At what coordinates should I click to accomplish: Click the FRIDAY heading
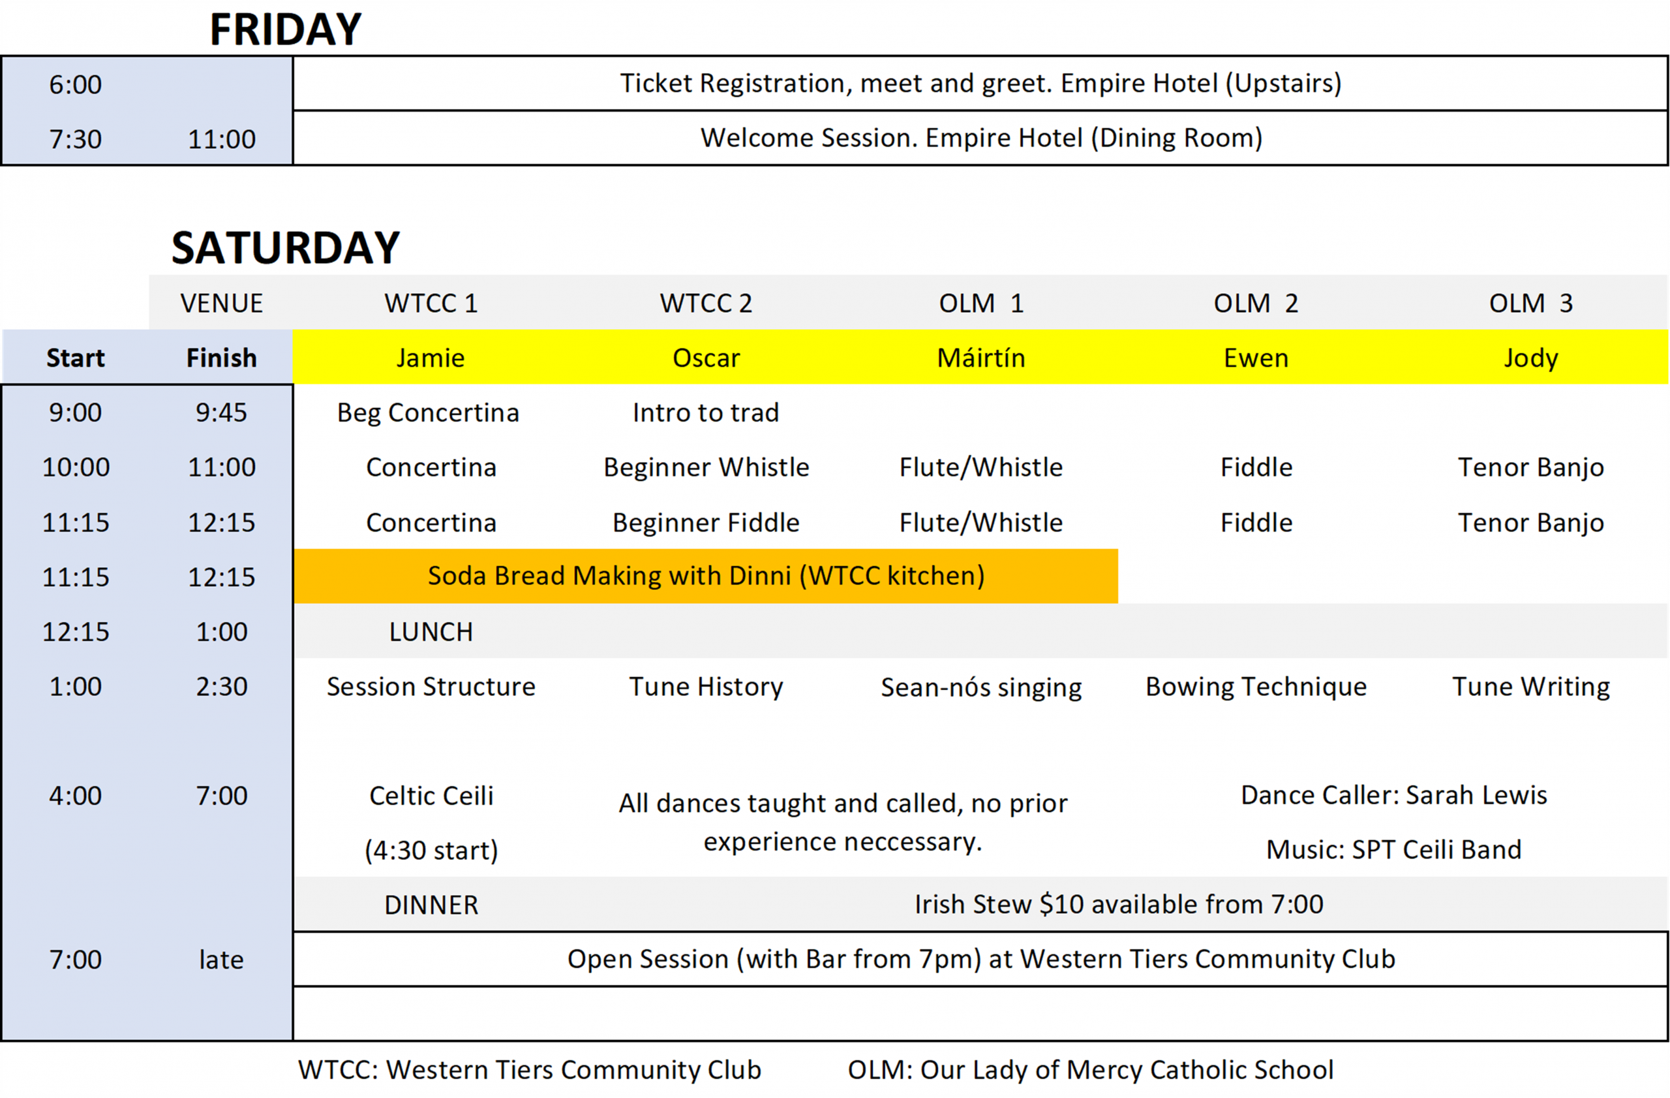(285, 29)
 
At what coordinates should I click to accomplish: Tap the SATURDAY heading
(285, 248)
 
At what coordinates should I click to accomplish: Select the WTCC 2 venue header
(705, 304)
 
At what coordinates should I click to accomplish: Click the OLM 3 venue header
(1530, 304)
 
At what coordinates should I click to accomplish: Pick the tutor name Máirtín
(980, 358)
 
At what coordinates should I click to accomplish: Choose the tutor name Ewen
(1255, 358)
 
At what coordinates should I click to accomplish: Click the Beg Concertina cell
(428, 413)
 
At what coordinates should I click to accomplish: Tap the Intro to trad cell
(705, 413)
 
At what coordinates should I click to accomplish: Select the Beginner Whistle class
(706, 467)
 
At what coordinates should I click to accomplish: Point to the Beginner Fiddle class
(705, 523)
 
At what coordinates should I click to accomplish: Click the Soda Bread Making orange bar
(705, 576)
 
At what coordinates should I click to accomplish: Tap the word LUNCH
(431, 632)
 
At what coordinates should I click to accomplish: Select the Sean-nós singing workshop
(980, 687)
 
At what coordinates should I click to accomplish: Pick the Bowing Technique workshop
(1255, 687)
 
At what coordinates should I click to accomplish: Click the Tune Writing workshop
(1530, 687)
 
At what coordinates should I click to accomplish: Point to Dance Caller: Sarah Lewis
(1393, 795)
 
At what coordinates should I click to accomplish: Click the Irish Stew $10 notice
(1119, 904)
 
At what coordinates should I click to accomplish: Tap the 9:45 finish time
(221, 413)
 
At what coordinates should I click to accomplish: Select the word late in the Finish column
(221, 960)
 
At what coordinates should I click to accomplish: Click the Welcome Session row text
(980, 138)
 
